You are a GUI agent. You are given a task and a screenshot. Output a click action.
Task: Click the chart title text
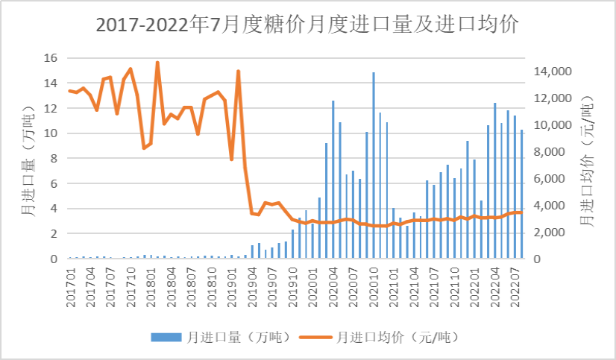pos(307,24)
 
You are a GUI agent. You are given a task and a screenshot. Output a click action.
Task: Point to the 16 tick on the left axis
pos(51,58)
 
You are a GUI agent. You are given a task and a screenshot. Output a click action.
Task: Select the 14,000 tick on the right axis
pos(552,72)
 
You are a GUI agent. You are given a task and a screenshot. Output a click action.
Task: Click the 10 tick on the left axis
pos(51,133)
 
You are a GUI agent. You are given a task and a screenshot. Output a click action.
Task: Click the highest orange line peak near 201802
pos(157,63)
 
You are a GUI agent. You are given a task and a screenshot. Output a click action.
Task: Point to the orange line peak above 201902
pos(238,72)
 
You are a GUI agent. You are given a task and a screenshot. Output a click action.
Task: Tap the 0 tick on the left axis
pos(54,259)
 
